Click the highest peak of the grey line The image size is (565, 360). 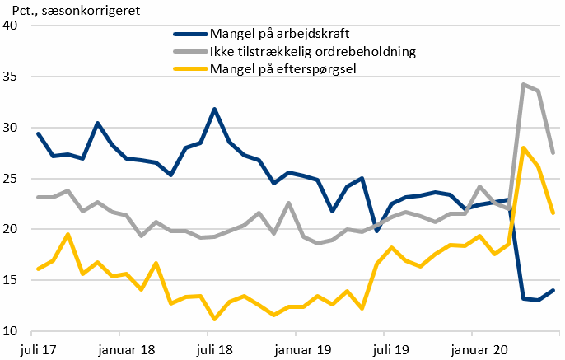[523, 84]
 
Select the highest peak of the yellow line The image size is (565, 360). [523, 148]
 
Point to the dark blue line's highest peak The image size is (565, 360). [215, 109]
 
